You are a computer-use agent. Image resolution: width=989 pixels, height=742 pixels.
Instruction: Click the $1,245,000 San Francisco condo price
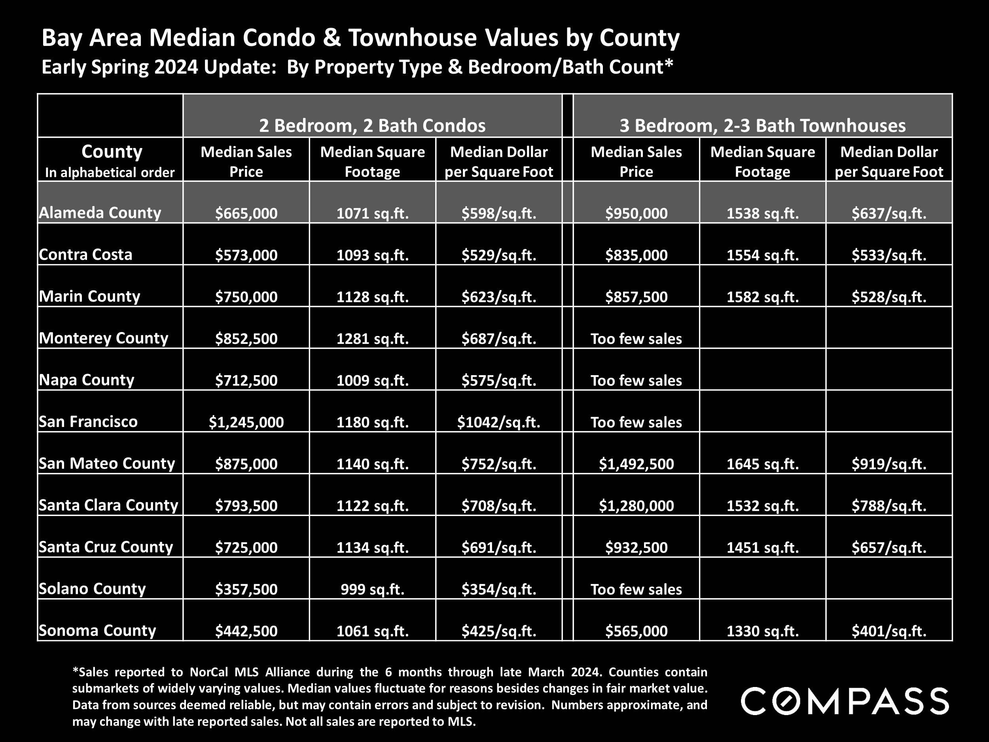point(246,422)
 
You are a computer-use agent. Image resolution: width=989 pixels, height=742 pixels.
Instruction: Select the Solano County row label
point(92,588)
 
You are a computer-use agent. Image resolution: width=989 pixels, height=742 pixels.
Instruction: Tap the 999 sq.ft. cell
point(372,589)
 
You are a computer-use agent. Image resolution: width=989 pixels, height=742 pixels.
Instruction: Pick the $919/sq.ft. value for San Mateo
point(889,464)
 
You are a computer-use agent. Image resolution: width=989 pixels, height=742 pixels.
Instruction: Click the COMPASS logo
point(845,701)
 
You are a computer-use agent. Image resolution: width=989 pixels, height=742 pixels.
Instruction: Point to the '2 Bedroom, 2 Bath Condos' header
point(372,125)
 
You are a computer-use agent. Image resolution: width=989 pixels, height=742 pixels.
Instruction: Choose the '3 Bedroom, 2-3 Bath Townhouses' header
point(762,125)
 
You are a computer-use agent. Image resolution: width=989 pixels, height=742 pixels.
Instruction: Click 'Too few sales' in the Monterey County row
point(636,339)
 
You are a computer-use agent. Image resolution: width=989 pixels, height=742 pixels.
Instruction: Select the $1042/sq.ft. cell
point(498,422)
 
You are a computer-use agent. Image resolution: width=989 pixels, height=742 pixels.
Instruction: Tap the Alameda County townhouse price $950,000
point(636,213)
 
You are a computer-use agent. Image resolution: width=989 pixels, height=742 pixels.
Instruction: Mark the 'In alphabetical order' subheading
point(110,173)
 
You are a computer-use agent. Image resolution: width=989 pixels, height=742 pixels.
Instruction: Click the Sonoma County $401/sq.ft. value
point(889,631)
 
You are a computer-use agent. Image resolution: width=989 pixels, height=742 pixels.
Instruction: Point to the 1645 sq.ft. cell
point(762,464)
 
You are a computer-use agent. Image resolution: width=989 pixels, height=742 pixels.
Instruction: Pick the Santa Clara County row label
point(108,505)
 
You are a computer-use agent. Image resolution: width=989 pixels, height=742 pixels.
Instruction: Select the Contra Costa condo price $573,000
point(246,255)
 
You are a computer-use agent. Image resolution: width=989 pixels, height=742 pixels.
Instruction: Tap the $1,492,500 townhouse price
point(636,464)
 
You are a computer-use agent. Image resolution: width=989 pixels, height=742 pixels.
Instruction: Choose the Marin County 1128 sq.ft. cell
point(372,296)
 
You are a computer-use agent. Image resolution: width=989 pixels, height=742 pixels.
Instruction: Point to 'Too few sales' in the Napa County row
point(636,380)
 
